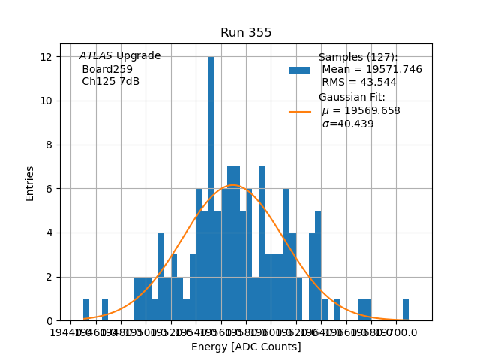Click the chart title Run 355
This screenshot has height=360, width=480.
click(x=246, y=33)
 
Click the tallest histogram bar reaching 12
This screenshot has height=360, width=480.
click(x=211, y=187)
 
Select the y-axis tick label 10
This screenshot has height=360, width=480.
click(x=46, y=100)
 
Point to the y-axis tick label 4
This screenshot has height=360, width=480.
click(x=49, y=232)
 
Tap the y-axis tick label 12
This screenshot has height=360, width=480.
click(x=46, y=57)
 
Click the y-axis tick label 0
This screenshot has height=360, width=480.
click(x=49, y=320)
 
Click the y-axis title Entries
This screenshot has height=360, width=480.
click(x=30, y=183)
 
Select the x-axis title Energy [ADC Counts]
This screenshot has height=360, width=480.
click(x=246, y=346)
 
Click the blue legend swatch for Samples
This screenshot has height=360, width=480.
click(x=300, y=70)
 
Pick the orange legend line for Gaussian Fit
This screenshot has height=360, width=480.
click(x=300, y=112)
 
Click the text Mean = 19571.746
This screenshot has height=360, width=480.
click(x=372, y=70)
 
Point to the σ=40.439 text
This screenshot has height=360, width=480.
click(x=348, y=124)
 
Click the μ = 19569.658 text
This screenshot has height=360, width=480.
click(x=361, y=111)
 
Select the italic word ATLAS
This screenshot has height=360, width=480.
click(x=96, y=56)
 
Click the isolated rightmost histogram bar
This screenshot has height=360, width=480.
click(x=406, y=310)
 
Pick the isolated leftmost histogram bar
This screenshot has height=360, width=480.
click(x=86, y=310)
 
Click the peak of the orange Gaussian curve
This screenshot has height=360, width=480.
click(x=233, y=185)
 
